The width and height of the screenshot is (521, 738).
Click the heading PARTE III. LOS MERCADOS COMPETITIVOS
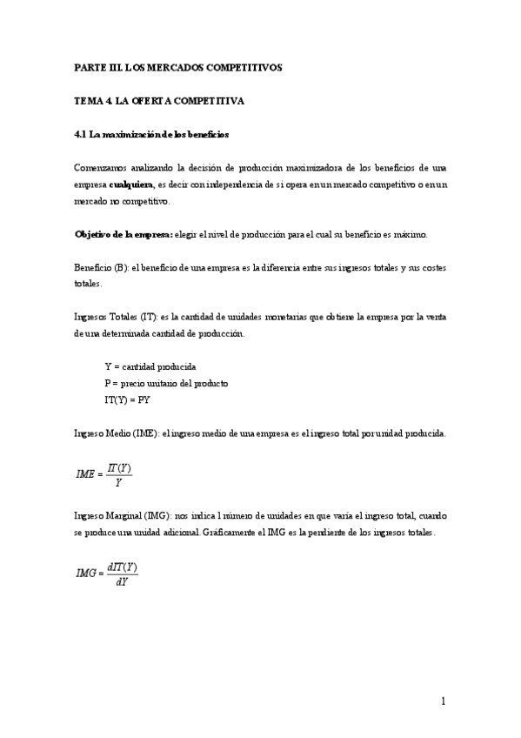[x=177, y=67]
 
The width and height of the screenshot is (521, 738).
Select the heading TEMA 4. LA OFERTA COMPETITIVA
[x=158, y=101]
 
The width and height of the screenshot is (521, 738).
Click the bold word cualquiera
[x=131, y=184]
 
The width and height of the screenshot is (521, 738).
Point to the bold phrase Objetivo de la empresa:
[x=124, y=235]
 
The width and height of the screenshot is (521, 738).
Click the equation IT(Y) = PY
[x=127, y=400]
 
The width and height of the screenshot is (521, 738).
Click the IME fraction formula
[x=104, y=473]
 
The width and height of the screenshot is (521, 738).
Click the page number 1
[x=443, y=701]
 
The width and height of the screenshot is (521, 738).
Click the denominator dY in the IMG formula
[x=122, y=582]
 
